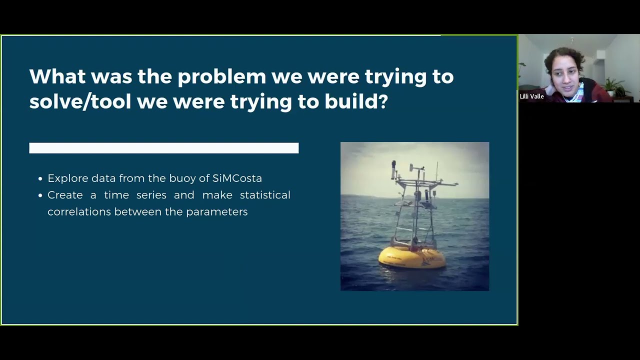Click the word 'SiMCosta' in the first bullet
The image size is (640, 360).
237,178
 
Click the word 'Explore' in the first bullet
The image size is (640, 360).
67,178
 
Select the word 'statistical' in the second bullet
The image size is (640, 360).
265,195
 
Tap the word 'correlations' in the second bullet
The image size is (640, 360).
79,212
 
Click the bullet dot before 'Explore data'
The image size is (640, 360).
40,179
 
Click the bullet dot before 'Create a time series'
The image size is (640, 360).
40,195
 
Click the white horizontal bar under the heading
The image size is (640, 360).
164,148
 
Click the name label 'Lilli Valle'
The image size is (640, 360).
531,96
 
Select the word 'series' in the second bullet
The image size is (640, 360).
151,195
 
